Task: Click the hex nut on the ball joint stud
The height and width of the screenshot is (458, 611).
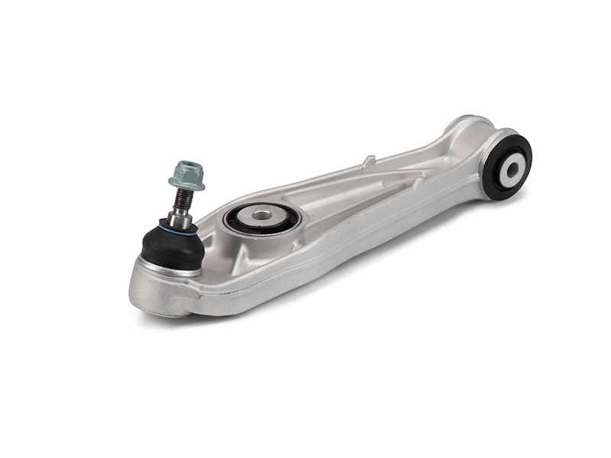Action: click(x=186, y=172)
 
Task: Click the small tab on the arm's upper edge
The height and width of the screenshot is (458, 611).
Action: click(x=369, y=161)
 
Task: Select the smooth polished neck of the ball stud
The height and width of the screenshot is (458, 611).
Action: click(x=180, y=218)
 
